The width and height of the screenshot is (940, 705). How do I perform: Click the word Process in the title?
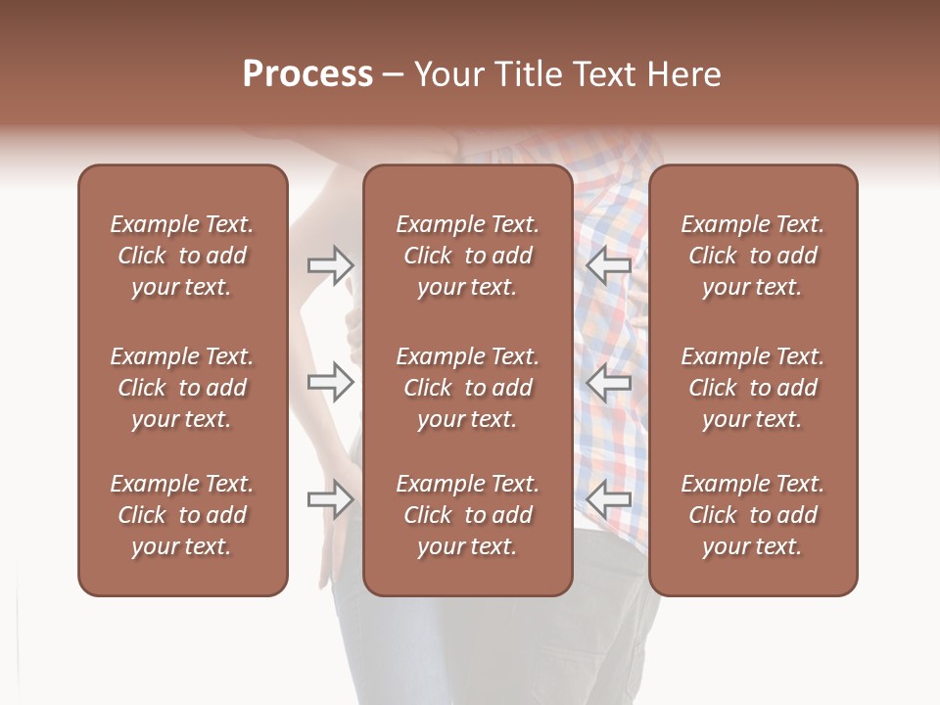(x=307, y=74)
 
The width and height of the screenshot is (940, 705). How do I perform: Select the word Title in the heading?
(x=528, y=74)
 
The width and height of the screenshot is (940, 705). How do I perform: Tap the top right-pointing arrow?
(x=331, y=265)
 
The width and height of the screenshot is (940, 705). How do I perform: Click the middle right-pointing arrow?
(x=331, y=382)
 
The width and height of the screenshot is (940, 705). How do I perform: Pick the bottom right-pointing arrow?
(x=331, y=499)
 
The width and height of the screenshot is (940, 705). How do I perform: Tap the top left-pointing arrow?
(x=609, y=265)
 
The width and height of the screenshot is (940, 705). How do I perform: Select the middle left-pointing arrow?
(x=609, y=382)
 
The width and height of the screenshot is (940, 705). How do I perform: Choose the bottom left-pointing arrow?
(x=609, y=499)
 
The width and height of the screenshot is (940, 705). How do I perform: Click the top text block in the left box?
(x=182, y=256)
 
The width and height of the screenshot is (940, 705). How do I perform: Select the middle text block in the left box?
(x=182, y=388)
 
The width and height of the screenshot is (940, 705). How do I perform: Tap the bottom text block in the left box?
(x=182, y=515)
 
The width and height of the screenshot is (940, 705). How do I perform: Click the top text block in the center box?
(x=468, y=256)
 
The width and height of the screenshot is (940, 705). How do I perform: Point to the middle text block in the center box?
(x=468, y=388)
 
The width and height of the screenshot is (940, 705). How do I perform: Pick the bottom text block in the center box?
(x=468, y=515)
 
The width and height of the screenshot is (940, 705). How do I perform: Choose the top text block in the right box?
(x=753, y=256)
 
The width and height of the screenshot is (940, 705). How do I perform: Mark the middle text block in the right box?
(x=753, y=388)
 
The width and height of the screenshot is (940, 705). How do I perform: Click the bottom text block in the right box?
(x=753, y=515)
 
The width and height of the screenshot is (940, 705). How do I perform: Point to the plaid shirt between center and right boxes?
(x=611, y=323)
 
